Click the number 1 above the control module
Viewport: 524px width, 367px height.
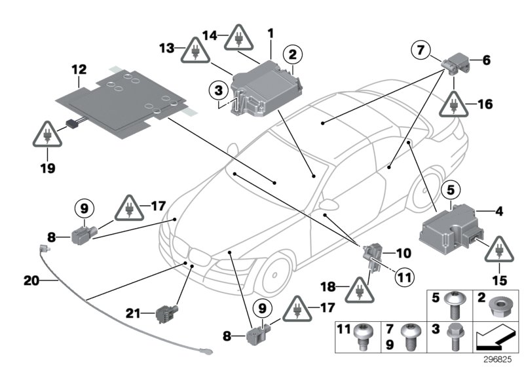coord(271,32)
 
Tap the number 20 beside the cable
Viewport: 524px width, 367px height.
coord(31,280)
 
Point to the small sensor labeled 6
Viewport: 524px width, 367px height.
coord(458,64)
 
